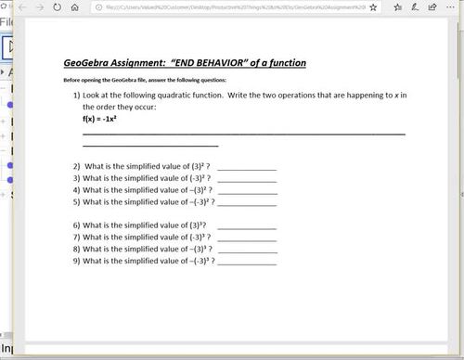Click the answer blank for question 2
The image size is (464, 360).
[x=247, y=169]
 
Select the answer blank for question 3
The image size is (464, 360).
[x=247, y=180]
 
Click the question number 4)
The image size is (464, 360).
[x=77, y=190]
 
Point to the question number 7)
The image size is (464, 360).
[x=77, y=238]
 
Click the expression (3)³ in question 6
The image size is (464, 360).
[x=198, y=225]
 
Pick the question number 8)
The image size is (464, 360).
[x=77, y=250]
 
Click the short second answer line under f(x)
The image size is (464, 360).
[x=150, y=146]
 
